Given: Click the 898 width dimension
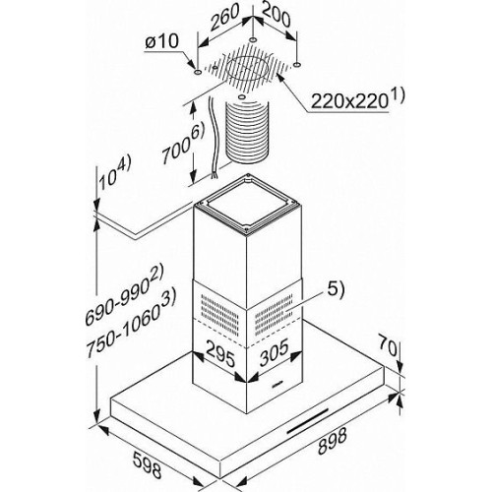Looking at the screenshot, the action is [x=333, y=442].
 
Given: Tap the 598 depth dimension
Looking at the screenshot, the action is [x=148, y=464].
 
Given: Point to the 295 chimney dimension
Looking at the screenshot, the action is [x=220, y=355].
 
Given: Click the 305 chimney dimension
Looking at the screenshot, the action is [x=275, y=352].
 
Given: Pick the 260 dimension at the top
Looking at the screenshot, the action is [x=225, y=18].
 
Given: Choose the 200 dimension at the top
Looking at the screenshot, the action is [x=277, y=16].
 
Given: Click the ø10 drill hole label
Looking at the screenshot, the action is [x=161, y=41].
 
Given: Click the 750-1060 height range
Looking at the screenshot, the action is [x=131, y=324].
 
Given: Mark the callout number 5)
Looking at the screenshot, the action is [x=335, y=290].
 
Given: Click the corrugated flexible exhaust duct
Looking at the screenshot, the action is [x=247, y=133].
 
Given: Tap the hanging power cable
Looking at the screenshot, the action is [x=213, y=138].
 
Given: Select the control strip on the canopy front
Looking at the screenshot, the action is [x=308, y=421].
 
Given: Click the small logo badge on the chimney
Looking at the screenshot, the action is [x=277, y=383].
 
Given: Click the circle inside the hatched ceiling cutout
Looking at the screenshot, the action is [x=248, y=70].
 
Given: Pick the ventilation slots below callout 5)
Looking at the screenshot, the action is [x=274, y=315].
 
